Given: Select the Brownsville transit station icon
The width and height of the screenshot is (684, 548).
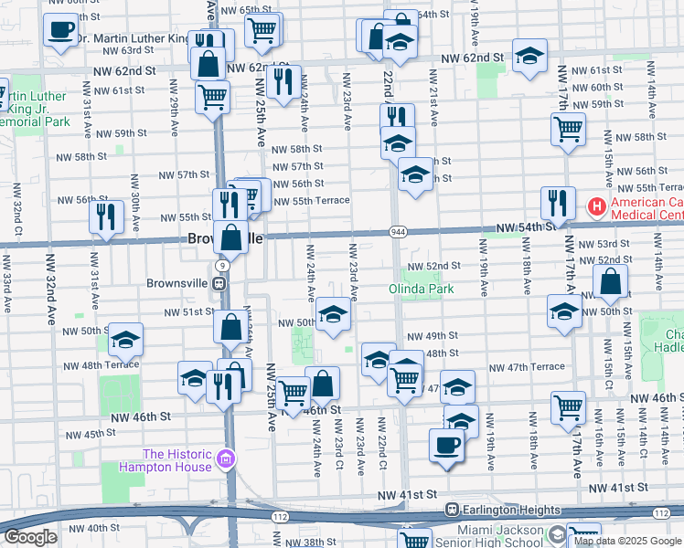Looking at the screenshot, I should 220,283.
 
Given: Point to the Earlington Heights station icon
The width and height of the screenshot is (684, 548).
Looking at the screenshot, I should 451,509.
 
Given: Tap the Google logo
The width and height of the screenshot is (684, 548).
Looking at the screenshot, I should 30,537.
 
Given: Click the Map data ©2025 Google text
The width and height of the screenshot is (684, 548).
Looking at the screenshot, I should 626,541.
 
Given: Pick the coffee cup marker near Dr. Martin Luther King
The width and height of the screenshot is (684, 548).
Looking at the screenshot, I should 60,29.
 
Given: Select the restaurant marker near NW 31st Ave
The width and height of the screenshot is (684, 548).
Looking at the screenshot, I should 106,216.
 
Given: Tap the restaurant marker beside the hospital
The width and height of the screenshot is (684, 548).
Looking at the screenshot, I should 557,203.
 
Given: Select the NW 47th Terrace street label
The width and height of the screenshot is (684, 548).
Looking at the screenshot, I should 527,367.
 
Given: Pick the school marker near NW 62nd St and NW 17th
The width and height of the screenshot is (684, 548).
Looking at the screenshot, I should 529,56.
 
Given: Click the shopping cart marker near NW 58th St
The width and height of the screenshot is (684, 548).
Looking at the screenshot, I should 568,129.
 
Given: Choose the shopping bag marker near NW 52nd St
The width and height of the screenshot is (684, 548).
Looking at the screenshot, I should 610,283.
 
